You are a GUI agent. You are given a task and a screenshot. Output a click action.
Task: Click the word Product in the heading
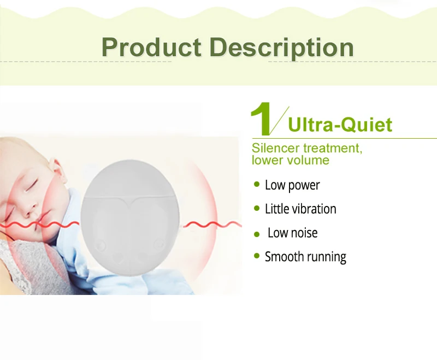pyautogui.click(x=151, y=47)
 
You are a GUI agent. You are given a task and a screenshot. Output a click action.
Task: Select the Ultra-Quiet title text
pyautogui.click(x=340, y=125)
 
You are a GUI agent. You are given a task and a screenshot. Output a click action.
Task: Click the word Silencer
pyautogui.click(x=276, y=148)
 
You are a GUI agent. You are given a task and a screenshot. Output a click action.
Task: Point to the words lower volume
pyautogui.click(x=291, y=160)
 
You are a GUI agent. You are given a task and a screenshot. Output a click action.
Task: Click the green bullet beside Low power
pyautogui.click(x=257, y=184)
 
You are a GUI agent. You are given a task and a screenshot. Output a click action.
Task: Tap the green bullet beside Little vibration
pyautogui.click(x=257, y=208)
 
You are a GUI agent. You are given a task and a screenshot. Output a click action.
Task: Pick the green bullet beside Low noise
pyautogui.click(x=257, y=234)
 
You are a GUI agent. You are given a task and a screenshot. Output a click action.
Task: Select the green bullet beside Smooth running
pyautogui.click(x=257, y=256)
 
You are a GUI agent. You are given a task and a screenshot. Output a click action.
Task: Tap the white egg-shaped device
pyautogui.click(x=129, y=218)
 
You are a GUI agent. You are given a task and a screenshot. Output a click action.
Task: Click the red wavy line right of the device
pyautogui.click(x=212, y=224)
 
